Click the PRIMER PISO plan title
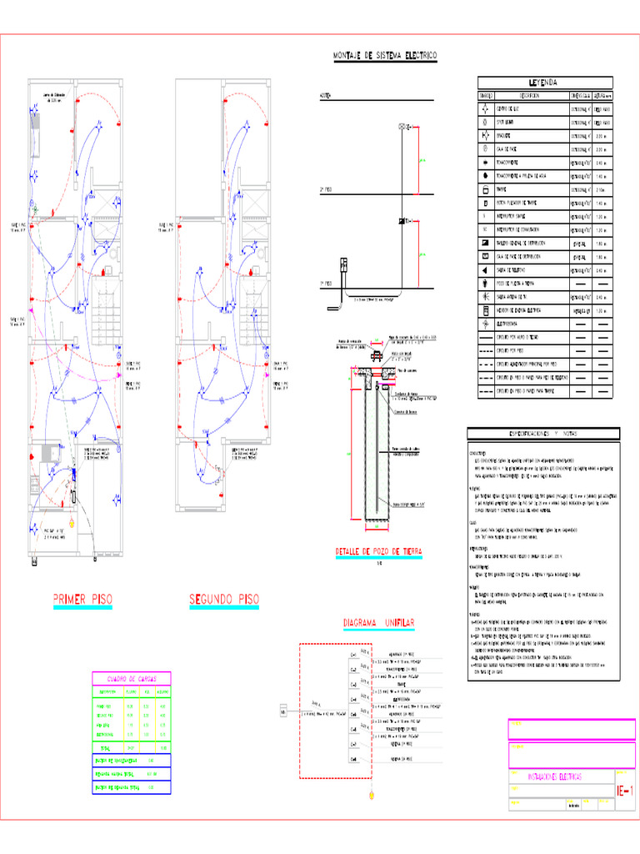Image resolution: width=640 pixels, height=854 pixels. (82, 600)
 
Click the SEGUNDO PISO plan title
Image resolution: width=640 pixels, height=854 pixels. (224, 600)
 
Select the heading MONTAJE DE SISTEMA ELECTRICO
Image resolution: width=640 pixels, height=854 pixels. (385, 56)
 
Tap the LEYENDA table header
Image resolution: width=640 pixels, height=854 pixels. (544, 83)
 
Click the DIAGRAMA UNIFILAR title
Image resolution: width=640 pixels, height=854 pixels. (379, 624)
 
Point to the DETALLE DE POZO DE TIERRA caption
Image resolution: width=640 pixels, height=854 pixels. (379, 552)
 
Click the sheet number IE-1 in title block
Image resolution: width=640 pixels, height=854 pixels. (625, 790)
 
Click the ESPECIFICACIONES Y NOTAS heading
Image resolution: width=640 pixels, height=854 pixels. (542, 434)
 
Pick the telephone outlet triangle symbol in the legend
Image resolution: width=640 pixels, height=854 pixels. (485, 270)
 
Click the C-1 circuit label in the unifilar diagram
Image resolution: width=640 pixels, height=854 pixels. (353, 655)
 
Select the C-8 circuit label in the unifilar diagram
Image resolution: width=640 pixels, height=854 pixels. (353, 759)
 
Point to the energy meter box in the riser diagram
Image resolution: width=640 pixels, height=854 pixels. (342, 266)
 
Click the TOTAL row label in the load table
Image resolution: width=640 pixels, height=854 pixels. (105, 746)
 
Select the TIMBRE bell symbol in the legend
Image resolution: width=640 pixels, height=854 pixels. (485, 189)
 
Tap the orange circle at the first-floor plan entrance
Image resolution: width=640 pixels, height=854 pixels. (72, 523)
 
